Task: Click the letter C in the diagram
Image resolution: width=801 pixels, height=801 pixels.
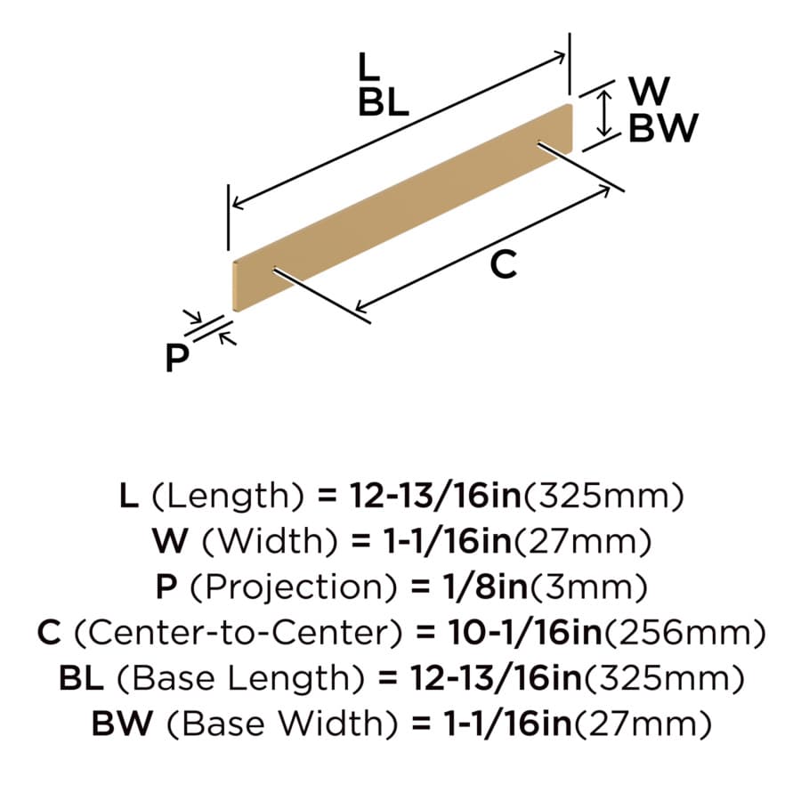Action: click(504, 265)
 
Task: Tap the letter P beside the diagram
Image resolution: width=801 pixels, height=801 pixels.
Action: click(177, 358)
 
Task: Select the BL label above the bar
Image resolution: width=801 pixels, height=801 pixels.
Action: click(383, 102)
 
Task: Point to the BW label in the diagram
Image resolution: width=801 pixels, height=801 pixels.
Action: click(663, 127)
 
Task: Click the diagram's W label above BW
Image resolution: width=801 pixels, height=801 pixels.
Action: click(650, 91)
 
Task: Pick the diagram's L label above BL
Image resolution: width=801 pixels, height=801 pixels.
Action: click(368, 67)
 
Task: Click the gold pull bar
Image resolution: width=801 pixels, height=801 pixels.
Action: click(402, 206)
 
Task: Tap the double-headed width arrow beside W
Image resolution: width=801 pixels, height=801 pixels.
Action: click(604, 113)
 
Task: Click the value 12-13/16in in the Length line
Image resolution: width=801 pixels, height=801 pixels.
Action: click(434, 496)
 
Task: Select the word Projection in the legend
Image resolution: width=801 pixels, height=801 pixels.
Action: click(293, 587)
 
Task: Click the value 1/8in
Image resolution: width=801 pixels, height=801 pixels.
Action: click(485, 587)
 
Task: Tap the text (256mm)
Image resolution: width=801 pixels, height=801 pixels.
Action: click(685, 633)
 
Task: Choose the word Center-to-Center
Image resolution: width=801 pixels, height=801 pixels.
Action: click(239, 633)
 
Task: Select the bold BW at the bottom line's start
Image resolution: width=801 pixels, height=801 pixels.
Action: click(122, 724)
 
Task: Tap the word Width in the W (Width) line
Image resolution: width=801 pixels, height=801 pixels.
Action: click(271, 541)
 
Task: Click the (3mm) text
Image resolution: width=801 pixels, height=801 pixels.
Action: click(589, 587)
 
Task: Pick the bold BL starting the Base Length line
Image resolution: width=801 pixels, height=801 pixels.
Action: click(81, 678)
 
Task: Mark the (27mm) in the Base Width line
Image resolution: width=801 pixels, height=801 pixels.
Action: click(643, 724)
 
